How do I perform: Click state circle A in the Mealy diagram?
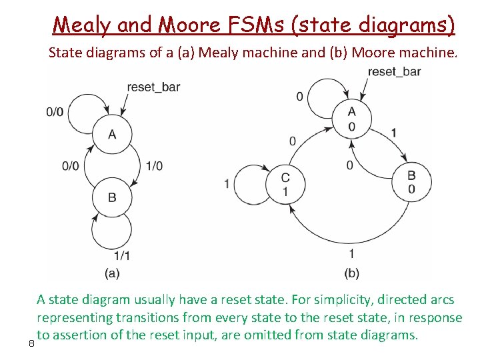112,135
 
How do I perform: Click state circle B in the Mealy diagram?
112,197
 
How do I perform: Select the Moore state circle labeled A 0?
351,119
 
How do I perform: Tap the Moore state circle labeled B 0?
411,182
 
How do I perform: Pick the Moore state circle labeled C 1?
285,184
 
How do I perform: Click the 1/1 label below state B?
122,255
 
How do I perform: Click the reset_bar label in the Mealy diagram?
153,87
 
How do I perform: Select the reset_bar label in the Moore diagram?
394,72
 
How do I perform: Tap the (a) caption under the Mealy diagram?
112,272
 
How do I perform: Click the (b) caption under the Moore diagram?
351,272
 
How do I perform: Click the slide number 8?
31,344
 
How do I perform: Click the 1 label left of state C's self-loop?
227,183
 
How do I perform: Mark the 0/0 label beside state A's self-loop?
55,112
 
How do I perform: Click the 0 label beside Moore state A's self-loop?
300,97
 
